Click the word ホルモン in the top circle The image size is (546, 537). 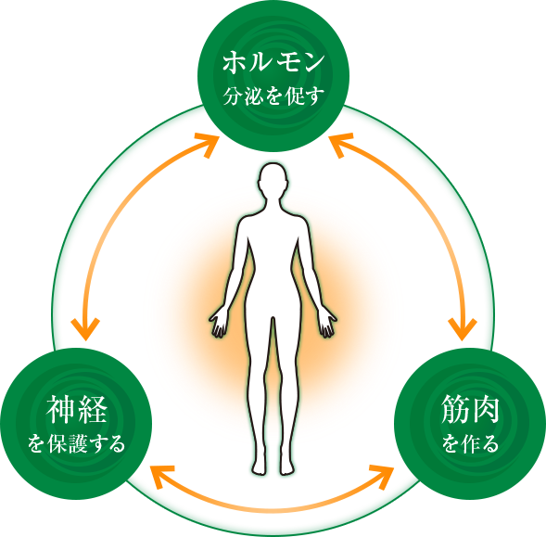pos(273,63)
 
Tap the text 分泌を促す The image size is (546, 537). pos(273,96)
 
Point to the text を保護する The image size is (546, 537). pos(76,443)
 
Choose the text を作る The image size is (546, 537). pos(470,443)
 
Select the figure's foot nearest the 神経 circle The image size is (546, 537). pos(260,467)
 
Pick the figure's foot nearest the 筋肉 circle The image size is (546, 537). pos(287,467)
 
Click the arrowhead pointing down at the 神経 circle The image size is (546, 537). pos(85,329)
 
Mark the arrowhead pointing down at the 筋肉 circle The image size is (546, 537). pos(462,329)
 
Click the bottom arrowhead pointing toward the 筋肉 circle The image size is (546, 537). pos(382,476)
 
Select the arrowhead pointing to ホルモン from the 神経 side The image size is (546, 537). pos(208,145)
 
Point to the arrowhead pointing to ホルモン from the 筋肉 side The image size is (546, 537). pos(340,145)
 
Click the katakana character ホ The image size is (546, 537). pos(234,63)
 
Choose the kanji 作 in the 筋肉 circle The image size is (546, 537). pos(470,443)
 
